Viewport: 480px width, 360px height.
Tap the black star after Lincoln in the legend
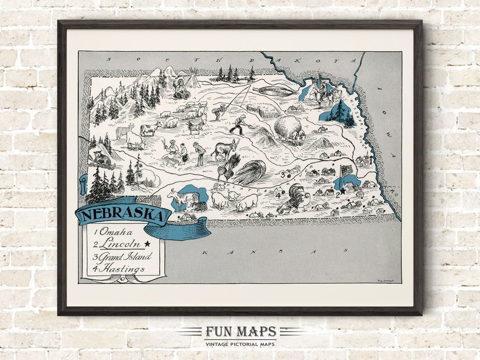pyautogui.click(x=147, y=244)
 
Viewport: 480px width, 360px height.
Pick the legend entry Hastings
pyautogui.click(x=119, y=268)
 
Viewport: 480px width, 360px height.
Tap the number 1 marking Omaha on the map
pyautogui.click(x=371, y=162)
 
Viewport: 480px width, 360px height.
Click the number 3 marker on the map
pyautogui.click(x=283, y=175)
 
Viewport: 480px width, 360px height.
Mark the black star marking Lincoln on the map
pyautogui.click(x=342, y=192)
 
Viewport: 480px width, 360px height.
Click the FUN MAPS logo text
pyautogui.click(x=240, y=332)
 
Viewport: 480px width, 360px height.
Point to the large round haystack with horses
pyautogui.click(x=287, y=128)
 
